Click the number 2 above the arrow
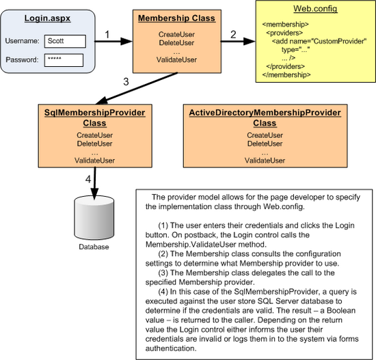(x=232, y=33)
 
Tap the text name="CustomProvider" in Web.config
(x=328, y=41)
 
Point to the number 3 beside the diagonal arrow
(x=125, y=82)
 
